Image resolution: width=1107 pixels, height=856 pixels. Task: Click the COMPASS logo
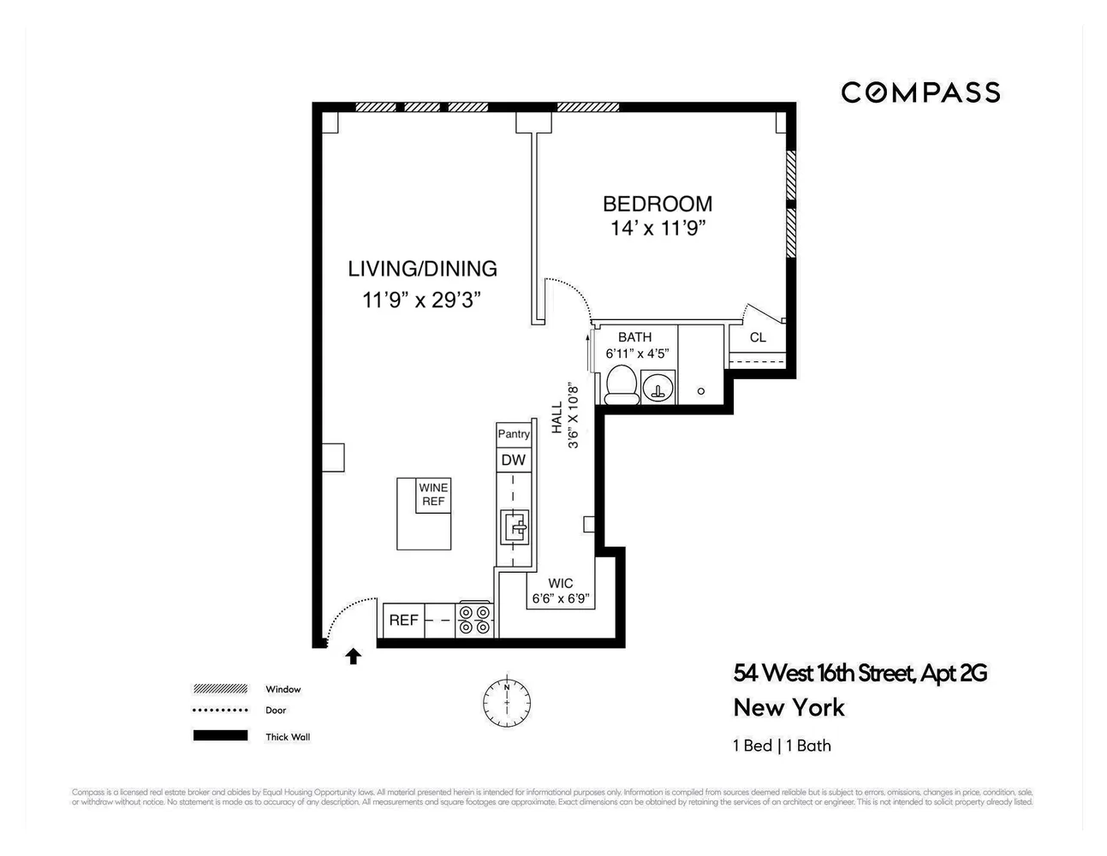(x=920, y=92)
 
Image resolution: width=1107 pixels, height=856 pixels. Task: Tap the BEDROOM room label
(x=657, y=204)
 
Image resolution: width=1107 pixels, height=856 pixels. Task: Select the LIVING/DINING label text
(x=422, y=269)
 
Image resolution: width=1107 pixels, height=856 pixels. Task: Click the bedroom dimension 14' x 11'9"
(x=658, y=229)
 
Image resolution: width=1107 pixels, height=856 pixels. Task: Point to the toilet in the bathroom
(x=622, y=384)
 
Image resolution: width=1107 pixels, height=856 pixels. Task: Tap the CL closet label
(x=758, y=337)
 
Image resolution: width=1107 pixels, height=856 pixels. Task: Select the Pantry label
(x=514, y=434)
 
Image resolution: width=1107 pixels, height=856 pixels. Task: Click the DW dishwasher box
(x=514, y=461)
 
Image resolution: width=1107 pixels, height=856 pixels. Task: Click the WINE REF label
(x=433, y=495)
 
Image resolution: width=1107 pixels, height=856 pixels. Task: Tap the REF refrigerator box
(x=403, y=620)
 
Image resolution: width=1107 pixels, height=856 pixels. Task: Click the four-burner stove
(x=475, y=620)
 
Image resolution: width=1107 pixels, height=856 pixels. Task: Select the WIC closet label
(x=561, y=584)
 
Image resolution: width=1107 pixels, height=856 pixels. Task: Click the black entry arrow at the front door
(x=353, y=657)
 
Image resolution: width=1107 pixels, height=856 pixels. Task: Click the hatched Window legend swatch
(x=220, y=689)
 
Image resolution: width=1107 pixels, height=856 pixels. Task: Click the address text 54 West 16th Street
(x=860, y=673)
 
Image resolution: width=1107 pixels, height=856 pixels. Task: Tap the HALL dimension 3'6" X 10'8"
(x=574, y=417)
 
